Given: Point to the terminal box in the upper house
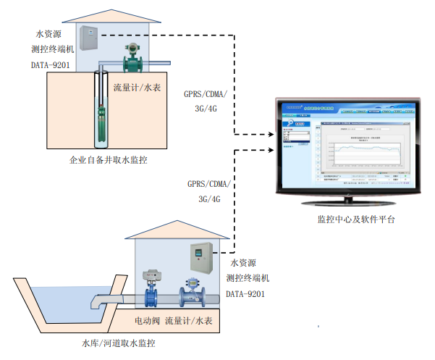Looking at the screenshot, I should point(88,38).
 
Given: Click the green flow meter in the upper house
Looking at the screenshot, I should point(132,57).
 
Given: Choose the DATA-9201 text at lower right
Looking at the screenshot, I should point(245,293).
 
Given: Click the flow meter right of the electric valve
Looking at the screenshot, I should point(192,292).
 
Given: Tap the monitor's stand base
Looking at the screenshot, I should point(347,201).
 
